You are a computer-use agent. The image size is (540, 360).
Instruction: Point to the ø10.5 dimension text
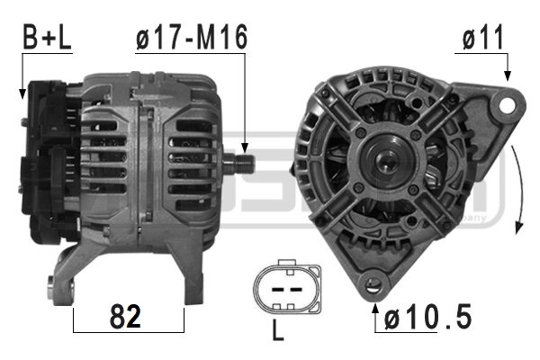click(427, 317)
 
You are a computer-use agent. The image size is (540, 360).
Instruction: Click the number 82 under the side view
click(128, 317)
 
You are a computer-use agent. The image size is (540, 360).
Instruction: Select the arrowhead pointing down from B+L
click(22, 92)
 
